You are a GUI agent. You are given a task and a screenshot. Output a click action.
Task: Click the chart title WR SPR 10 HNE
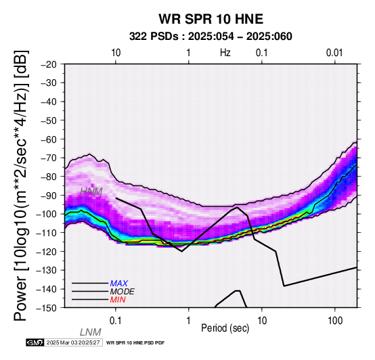[x=211, y=19]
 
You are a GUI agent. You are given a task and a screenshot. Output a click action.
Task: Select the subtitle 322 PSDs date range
[x=211, y=37]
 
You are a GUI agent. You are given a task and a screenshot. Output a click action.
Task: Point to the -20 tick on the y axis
[x=49, y=64]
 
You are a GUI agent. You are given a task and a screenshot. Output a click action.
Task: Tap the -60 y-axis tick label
[x=49, y=139]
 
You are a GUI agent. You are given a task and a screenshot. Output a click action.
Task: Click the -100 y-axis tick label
[x=47, y=214]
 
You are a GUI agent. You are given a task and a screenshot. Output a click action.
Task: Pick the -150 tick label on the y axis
[x=47, y=308]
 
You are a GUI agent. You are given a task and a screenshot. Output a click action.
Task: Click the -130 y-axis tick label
[x=47, y=270]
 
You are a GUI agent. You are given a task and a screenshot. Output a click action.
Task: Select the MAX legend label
[x=119, y=284]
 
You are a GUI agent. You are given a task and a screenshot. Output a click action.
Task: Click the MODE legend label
[x=123, y=292]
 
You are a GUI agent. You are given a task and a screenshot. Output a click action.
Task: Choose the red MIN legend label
[x=118, y=300]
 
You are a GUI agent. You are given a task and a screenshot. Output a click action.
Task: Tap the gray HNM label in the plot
[x=91, y=192]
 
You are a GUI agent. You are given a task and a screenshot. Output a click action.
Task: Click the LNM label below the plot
[x=91, y=332]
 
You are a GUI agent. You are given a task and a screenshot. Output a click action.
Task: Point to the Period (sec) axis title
[x=225, y=328]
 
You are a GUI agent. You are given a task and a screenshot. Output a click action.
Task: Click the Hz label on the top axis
[x=225, y=52]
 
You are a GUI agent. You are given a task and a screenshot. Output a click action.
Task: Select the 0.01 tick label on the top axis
[x=334, y=53]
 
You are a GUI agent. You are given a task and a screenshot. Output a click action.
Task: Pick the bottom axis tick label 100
[x=335, y=320]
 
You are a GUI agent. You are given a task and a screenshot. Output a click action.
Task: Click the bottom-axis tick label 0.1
[x=116, y=320]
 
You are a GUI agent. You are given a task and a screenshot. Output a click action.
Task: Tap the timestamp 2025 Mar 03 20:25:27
[x=73, y=342]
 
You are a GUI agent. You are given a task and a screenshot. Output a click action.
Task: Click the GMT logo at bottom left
[x=35, y=342]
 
